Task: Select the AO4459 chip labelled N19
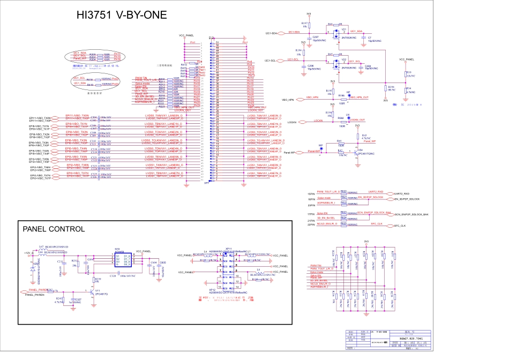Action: click(x=123, y=260)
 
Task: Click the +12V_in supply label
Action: click(x=27, y=253)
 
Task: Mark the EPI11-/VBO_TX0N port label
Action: click(x=40, y=118)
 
